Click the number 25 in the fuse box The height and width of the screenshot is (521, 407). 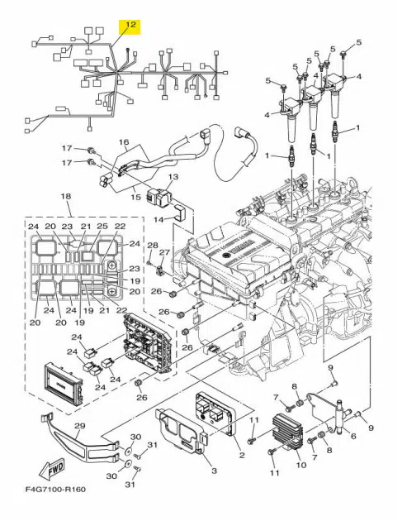(x=103, y=227)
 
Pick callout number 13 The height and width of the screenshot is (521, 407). (x=173, y=177)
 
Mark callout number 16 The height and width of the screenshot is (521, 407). (x=125, y=143)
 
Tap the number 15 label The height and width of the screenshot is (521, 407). (x=136, y=199)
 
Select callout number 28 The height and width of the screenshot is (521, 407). (x=152, y=246)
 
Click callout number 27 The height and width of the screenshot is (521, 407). (x=164, y=252)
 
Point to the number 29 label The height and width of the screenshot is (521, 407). (x=79, y=426)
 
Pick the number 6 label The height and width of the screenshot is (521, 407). (x=353, y=437)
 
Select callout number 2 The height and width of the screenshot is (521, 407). (x=242, y=456)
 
